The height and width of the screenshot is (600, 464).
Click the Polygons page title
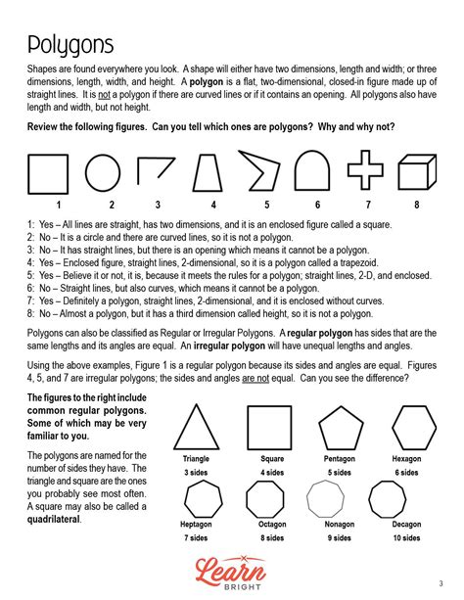point(70,44)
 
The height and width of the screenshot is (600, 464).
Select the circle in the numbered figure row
point(104,173)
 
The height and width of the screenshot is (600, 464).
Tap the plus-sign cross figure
point(365,172)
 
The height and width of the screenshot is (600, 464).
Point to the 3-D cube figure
point(417,172)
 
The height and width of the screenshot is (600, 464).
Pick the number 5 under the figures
point(266,205)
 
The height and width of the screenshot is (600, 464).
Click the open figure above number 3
point(155,172)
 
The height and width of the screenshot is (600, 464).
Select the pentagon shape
point(339,427)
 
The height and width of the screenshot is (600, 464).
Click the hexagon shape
point(413,427)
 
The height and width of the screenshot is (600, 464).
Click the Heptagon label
point(196,525)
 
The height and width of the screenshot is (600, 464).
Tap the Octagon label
point(272,525)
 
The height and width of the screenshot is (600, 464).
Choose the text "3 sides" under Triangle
point(197,473)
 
